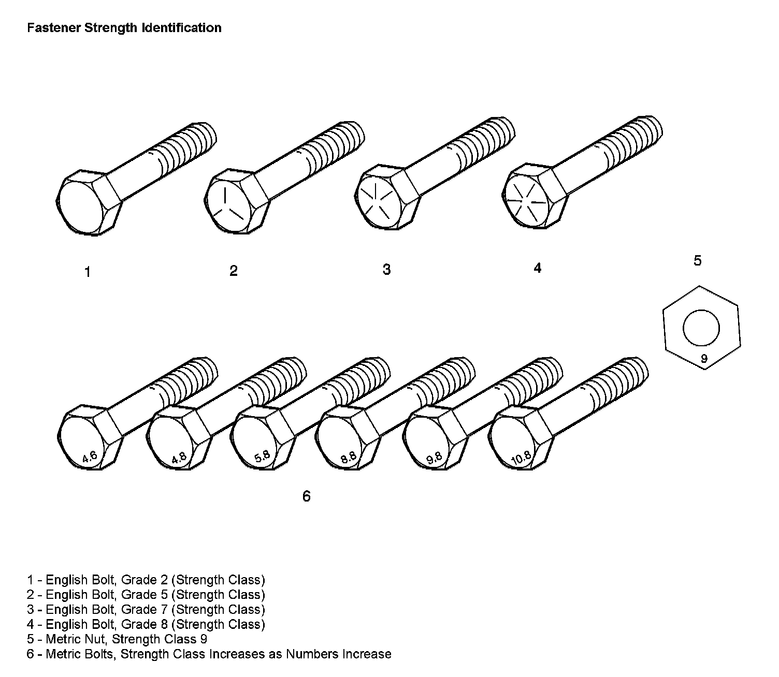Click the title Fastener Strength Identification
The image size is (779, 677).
(124, 28)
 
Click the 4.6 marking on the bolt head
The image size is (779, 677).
(90, 457)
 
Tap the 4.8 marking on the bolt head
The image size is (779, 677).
(178, 458)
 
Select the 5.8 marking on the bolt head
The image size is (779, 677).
(262, 457)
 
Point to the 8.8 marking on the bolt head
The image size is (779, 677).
(349, 457)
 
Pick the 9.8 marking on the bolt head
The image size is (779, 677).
(434, 458)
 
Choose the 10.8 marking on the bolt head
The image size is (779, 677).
(521, 458)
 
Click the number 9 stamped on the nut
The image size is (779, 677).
(704, 358)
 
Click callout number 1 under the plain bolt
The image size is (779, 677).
(88, 272)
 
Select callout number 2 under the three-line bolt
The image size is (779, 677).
(234, 271)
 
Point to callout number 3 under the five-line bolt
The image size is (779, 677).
(386, 270)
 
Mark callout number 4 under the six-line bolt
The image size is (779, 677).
(537, 268)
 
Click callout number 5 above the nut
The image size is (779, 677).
(697, 261)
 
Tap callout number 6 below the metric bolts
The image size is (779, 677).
(307, 496)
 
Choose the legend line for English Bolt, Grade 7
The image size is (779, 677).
(146, 610)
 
